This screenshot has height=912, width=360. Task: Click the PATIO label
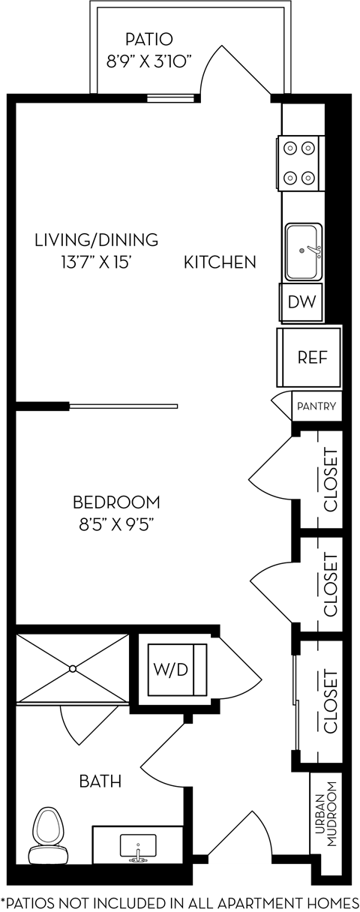click(148, 39)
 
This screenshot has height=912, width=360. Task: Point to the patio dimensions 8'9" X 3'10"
click(148, 63)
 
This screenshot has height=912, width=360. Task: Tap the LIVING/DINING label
click(96, 240)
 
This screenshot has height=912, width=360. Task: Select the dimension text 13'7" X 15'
click(96, 262)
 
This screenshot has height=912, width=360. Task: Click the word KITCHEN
click(220, 262)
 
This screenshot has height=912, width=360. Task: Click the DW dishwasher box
click(301, 303)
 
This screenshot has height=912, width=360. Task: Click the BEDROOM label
click(116, 501)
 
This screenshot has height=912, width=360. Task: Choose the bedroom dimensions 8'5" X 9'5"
click(116, 523)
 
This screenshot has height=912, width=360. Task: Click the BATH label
click(100, 781)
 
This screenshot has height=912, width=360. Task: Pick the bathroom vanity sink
click(138, 846)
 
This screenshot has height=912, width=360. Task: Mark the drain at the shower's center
click(73, 667)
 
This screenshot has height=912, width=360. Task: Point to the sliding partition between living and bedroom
click(124, 406)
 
